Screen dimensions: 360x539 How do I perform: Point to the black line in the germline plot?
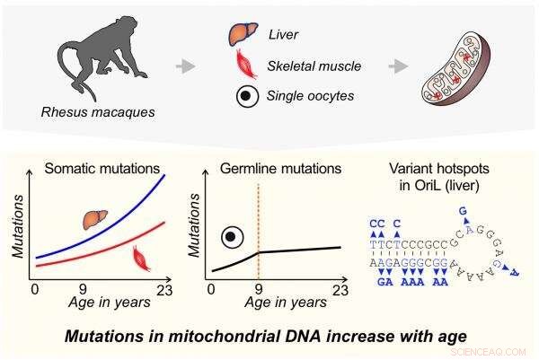coord(296,250)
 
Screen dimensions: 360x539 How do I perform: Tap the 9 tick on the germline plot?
coord(259,289)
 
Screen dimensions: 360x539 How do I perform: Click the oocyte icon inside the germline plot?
coord(233,236)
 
